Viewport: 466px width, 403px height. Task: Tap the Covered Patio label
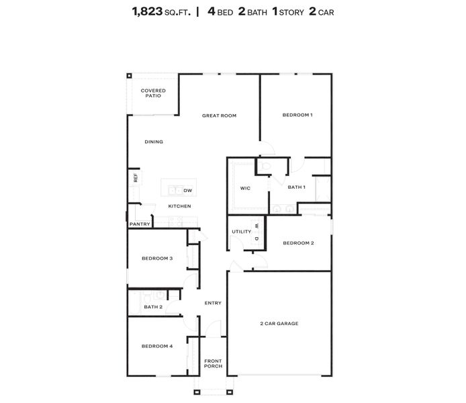153,93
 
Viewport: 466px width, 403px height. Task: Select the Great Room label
219,116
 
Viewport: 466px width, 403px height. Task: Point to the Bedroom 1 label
297,116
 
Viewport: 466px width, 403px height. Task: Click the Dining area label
154,142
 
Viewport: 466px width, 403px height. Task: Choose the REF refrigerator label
136,178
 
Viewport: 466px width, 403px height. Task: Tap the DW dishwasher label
188,191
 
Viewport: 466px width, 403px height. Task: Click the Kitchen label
179,206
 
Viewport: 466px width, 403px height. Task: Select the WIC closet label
245,188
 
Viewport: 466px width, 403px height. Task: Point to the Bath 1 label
296,187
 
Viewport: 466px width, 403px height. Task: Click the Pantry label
140,224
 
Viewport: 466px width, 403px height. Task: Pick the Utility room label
241,232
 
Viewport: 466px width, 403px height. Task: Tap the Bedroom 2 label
298,243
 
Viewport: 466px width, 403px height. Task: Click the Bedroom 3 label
157,259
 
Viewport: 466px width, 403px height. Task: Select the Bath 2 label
152,307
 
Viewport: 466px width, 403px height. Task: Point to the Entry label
213,303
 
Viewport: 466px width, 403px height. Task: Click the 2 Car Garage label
279,324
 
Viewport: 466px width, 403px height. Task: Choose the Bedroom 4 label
157,347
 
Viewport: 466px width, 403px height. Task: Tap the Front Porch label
213,363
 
